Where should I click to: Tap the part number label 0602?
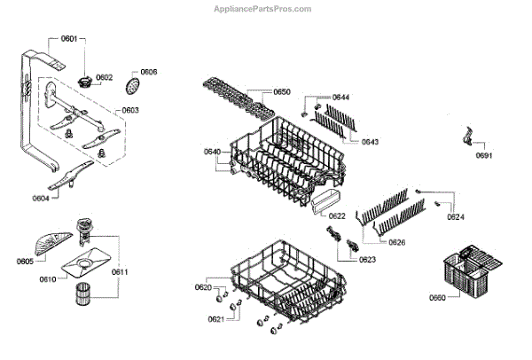point(104,78)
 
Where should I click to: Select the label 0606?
point(149,71)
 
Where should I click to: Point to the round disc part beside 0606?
point(135,85)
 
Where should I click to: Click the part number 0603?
point(129,110)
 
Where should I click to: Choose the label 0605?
point(25,261)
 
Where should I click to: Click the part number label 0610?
point(49,279)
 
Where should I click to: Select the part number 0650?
point(282,91)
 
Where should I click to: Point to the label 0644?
point(341,97)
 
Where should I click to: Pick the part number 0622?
point(337,215)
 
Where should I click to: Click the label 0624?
point(455,217)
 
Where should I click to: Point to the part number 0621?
point(215,319)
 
